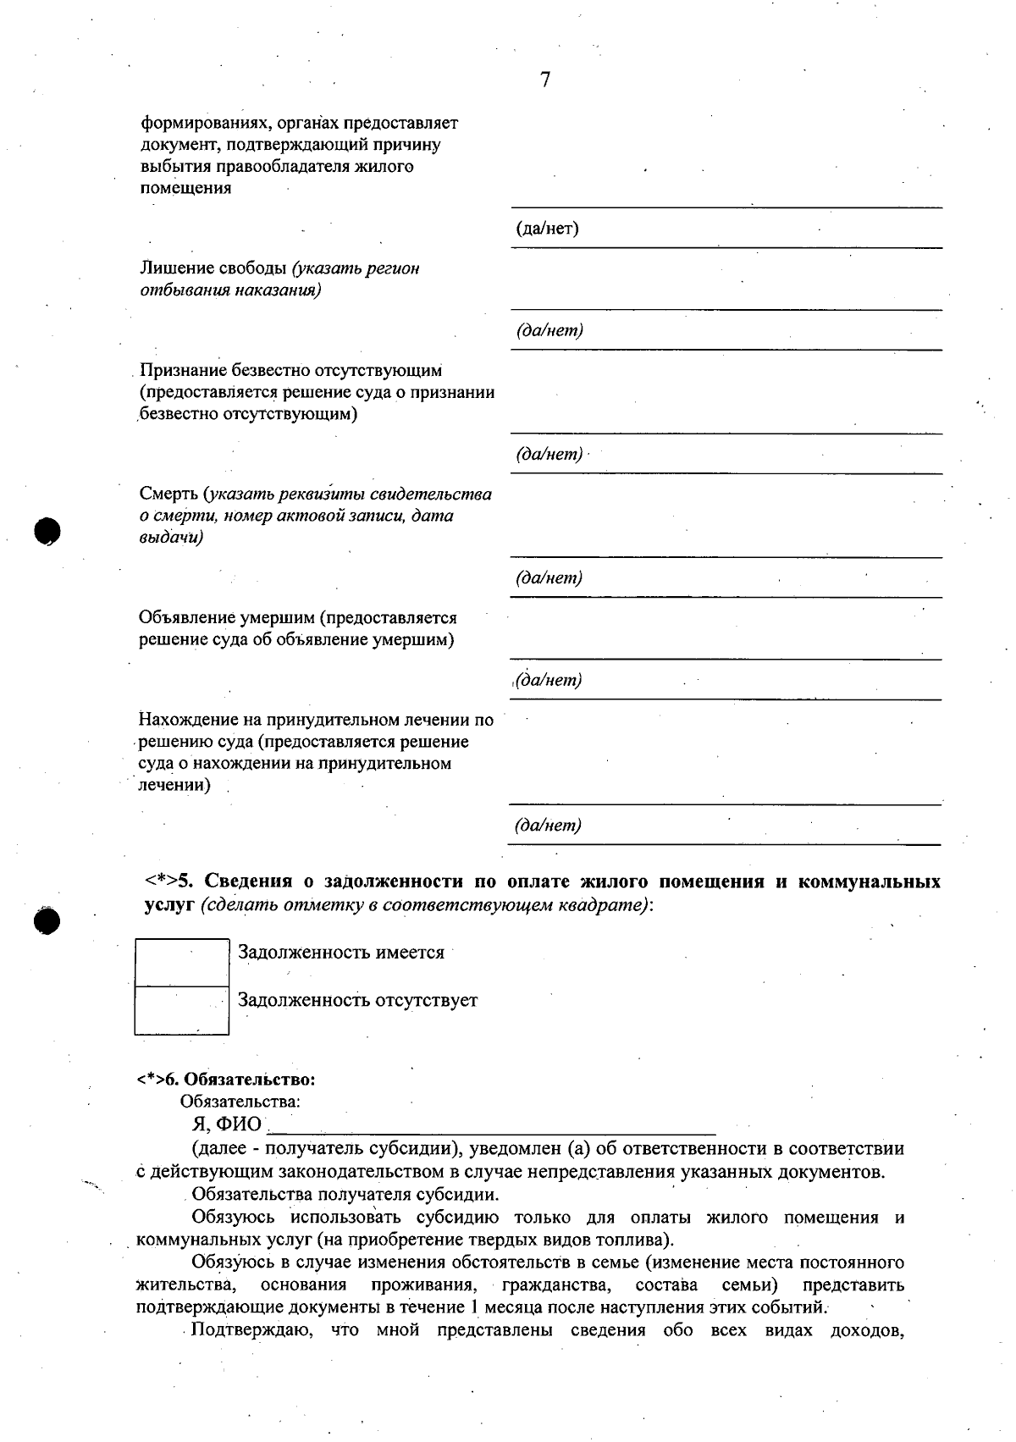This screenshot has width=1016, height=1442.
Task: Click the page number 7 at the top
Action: pos(545,80)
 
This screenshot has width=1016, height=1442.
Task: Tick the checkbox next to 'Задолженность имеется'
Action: pos(182,963)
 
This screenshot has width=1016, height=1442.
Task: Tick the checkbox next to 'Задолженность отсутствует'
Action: pos(182,1010)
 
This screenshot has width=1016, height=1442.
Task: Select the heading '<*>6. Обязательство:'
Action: pos(226,1080)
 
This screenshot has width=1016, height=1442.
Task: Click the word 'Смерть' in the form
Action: pos(168,494)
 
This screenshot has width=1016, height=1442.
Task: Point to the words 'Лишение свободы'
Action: pos(213,268)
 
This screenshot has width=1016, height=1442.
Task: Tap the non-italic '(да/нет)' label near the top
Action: pos(547,229)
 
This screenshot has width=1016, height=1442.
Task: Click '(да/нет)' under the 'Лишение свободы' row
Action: pos(549,330)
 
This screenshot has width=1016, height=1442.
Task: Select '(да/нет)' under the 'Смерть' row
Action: pos(549,578)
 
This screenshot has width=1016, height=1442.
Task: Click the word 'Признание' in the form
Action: pos(182,370)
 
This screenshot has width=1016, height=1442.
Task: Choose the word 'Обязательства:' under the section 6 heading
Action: pos(240,1102)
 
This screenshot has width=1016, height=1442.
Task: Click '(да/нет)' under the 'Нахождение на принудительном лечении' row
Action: pos(549,826)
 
